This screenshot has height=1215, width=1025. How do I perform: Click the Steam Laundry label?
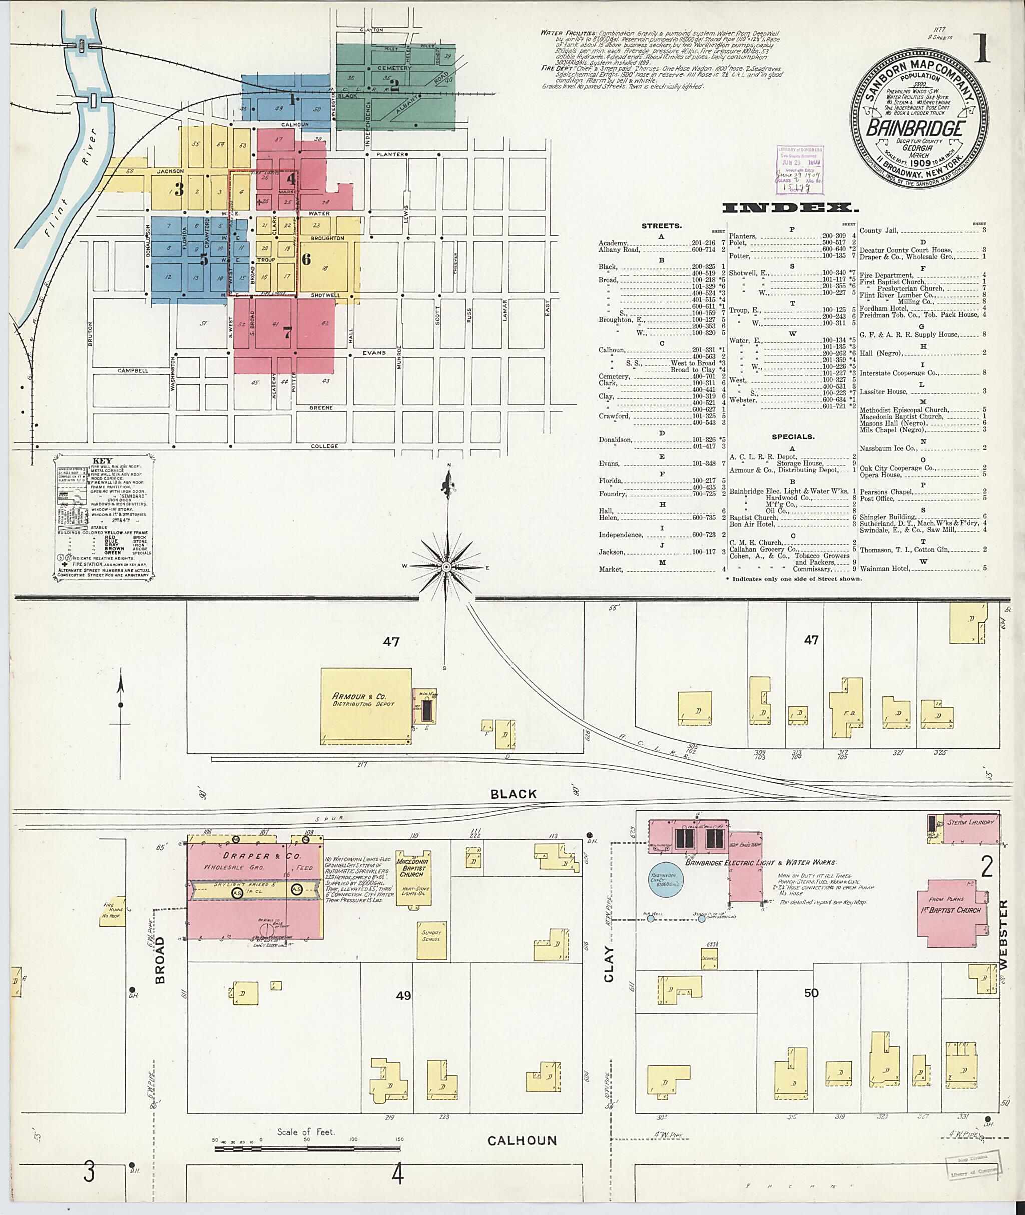pyautogui.click(x=970, y=822)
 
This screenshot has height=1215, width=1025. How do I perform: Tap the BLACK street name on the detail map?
pyautogui.click(x=513, y=794)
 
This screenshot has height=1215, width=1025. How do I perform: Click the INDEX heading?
pyautogui.click(x=790, y=208)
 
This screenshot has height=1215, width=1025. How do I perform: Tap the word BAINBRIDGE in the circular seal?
pyautogui.click(x=916, y=129)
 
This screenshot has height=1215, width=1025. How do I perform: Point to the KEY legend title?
pyautogui.click(x=102, y=461)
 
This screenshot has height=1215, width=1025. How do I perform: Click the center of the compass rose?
pyautogui.click(x=446, y=566)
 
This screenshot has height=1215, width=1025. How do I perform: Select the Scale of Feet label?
pyautogui.click(x=306, y=1131)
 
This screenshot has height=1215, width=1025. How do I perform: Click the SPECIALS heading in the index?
pyautogui.click(x=793, y=436)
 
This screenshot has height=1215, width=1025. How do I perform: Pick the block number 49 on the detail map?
pyautogui.click(x=403, y=995)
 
